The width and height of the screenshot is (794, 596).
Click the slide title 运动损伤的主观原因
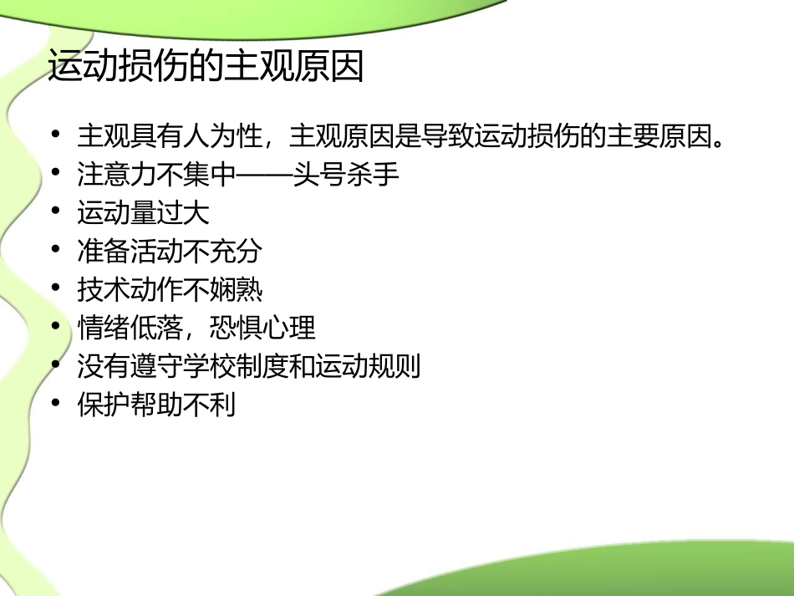206,68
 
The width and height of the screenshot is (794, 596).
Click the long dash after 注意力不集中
266,175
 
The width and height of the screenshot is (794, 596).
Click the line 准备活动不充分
170,251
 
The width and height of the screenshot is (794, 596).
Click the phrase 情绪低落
130,328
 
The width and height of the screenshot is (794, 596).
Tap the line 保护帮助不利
156,405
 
